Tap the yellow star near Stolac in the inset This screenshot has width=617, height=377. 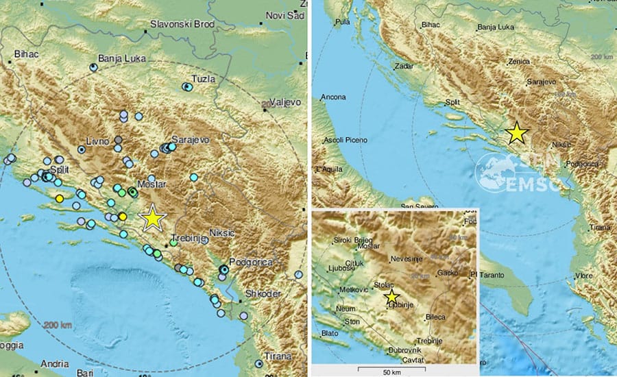point(391,296)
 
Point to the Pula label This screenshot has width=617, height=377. point(341,22)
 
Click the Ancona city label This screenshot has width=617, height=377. point(334,97)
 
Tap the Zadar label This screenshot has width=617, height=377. point(404,66)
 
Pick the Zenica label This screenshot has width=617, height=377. point(520,61)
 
